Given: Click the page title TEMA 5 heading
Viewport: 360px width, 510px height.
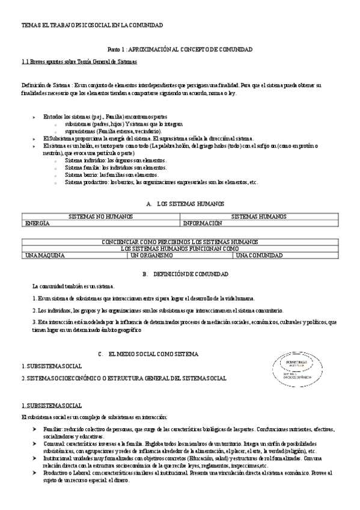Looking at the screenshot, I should point(92,25).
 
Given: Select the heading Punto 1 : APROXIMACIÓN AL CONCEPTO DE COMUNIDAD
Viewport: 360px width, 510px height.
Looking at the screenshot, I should point(179,49).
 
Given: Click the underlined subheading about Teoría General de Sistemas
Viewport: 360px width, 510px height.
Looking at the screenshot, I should point(79,61).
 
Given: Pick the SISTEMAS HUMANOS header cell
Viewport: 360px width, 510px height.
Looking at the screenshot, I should point(258,216).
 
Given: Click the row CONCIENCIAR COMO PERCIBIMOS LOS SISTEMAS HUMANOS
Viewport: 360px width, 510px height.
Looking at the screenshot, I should point(180,242).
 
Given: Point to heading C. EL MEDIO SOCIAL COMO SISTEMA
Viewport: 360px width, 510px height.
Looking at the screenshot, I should point(148,355).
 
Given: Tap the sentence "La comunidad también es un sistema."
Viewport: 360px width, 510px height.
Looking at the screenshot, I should point(73,286).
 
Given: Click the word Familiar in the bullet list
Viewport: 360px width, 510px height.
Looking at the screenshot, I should point(53,429).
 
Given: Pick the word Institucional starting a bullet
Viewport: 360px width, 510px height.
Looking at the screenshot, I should point(58,458).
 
